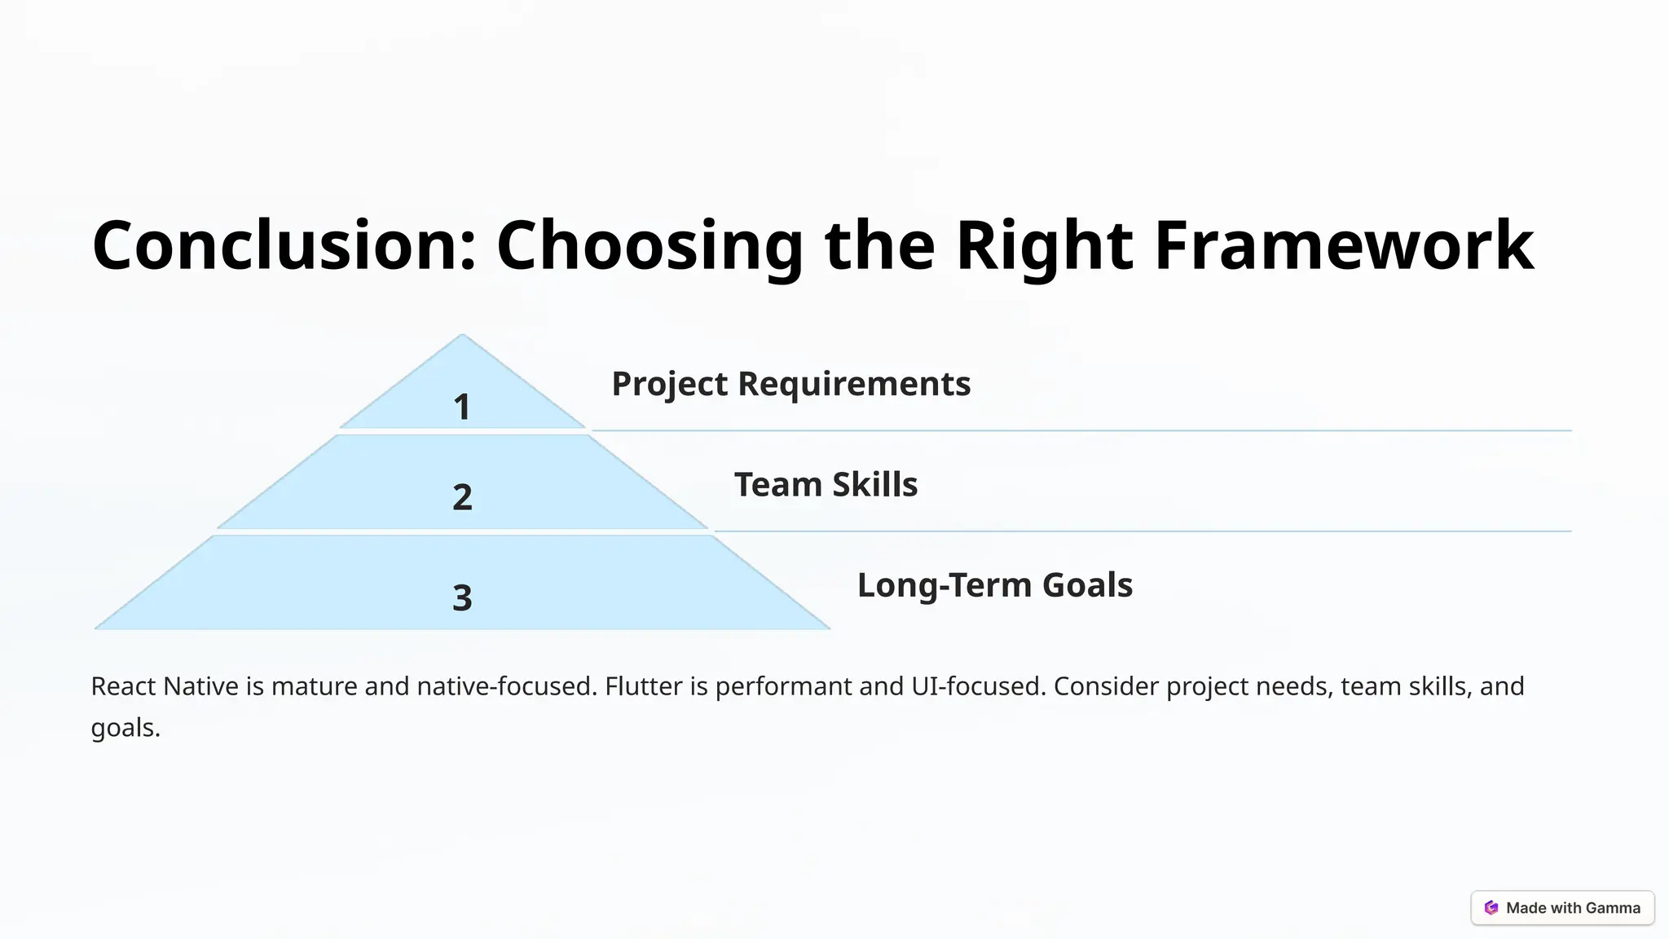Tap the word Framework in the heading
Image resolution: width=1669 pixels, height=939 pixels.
click(x=1344, y=245)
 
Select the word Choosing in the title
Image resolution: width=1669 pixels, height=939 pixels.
click(x=650, y=245)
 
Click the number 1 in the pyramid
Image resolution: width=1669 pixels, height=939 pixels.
click(x=462, y=407)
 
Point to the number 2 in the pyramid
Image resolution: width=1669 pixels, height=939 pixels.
click(x=462, y=497)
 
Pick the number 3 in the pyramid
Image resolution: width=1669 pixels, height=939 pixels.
click(x=462, y=598)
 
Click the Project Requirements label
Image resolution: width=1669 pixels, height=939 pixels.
click(x=790, y=384)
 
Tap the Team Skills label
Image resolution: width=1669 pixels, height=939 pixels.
click(x=826, y=485)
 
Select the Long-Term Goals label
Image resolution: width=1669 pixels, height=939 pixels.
click(x=994, y=585)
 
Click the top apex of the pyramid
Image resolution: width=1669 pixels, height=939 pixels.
click(x=462, y=337)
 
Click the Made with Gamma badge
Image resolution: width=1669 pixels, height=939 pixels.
click(x=1562, y=908)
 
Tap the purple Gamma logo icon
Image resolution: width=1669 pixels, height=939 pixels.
click(x=1491, y=908)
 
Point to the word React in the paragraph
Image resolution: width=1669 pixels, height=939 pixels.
click(x=123, y=686)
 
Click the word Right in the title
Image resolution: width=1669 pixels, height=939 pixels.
click(x=1044, y=245)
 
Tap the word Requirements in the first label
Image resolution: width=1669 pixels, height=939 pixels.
click(x=854, y=384)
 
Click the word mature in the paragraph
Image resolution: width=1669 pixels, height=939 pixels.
click(x=315, y=686)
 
